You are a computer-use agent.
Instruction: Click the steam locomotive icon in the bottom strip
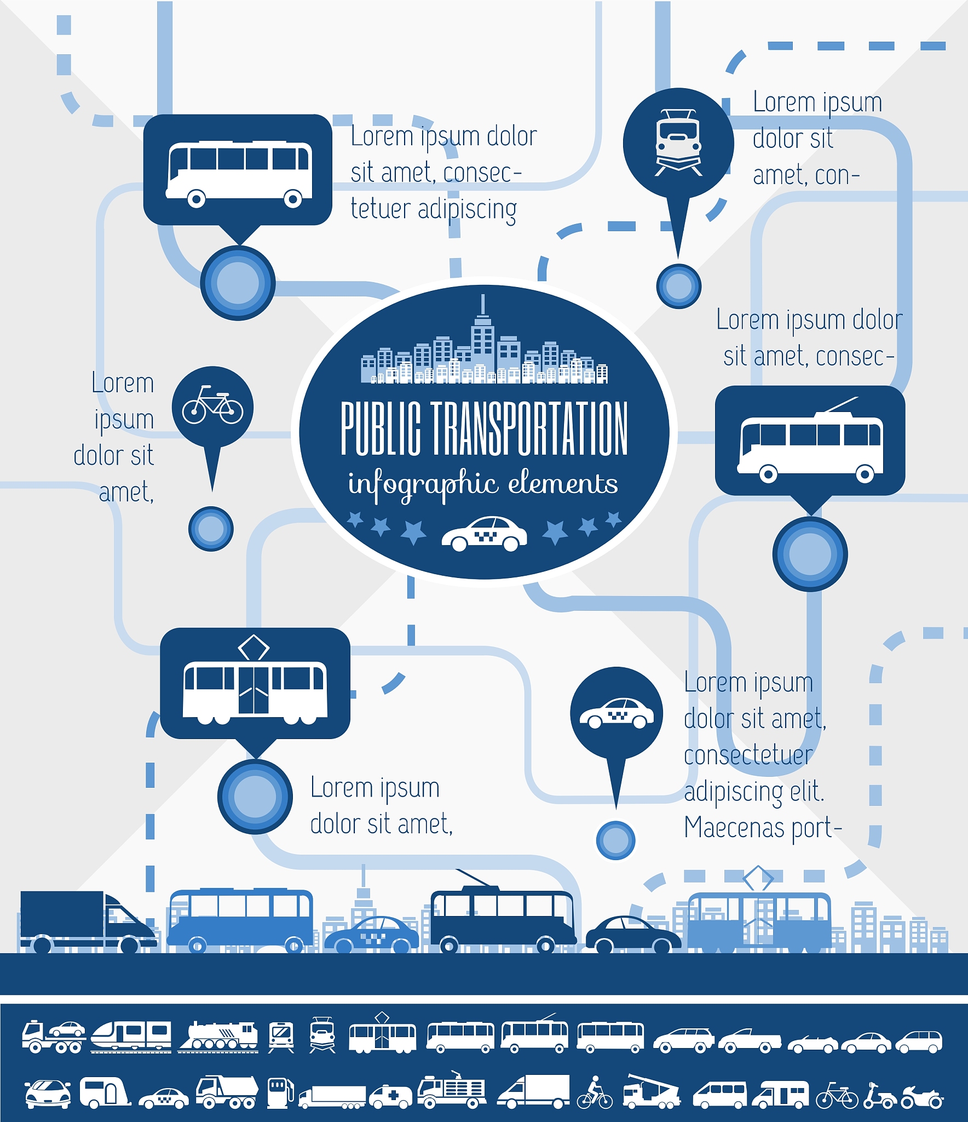click(x=218, y=1037)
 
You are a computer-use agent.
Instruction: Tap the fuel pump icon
click(x=280, y=1094)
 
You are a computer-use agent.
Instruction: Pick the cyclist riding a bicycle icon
click(x=595, y=1092)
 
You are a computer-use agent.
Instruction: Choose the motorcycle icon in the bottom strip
click(x=923, y=1097)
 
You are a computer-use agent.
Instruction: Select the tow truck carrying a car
click(x=54, y=1037)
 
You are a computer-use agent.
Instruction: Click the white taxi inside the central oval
click(x=484, y=533)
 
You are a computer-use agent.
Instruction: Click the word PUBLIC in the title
click(x=381, y=428)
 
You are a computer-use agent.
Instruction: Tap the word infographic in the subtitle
click(x=423, y=484)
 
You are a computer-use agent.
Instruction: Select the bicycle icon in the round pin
click(x=212, y=405)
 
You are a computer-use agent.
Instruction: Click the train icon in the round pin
click(x=678, y=143)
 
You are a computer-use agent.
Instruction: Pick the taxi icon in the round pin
click(x=616, y=713)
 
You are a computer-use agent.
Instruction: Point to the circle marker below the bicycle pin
click(x=211, y=529)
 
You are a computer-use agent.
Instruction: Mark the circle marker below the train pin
click(x=678, y=286)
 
